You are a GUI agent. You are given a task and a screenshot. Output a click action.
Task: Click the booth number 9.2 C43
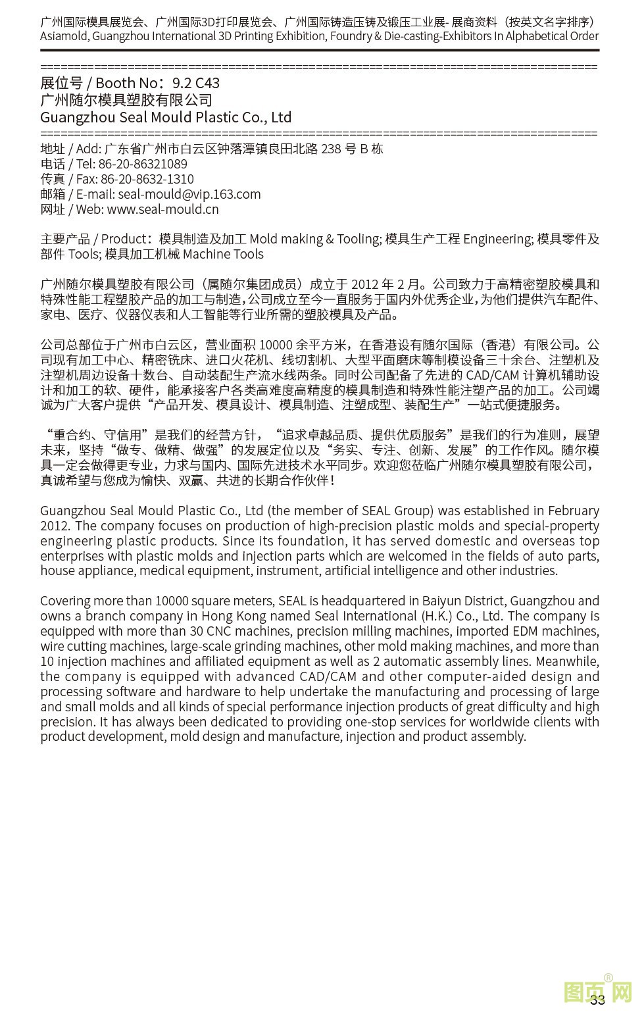(x=195, y=83)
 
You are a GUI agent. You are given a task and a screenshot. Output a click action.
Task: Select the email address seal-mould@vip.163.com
(x=189, y=194)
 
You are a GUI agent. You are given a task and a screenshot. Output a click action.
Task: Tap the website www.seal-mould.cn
(x=162, y=209)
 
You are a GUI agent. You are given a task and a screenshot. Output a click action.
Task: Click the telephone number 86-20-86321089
(x=143, y=164)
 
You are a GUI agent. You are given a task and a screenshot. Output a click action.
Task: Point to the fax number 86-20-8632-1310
(x=147, y=179)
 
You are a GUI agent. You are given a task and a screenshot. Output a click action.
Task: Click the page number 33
(x=597, y=1000)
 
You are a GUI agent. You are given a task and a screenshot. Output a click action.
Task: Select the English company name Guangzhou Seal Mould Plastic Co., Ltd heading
(x=166, y=117)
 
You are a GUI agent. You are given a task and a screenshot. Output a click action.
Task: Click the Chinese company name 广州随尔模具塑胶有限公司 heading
(x=126, y=100)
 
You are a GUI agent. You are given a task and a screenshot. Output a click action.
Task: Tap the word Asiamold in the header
(x=64, y=36)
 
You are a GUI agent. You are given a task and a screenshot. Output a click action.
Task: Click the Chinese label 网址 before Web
(x=53, y=209)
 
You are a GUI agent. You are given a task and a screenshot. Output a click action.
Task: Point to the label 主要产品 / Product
(x=93, y=239)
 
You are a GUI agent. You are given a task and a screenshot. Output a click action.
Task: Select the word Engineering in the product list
(x=497, y=239)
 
